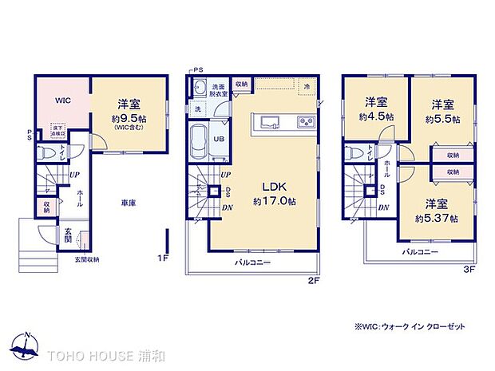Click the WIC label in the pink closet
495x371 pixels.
click(x=63, y=101)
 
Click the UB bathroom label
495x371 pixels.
click(x=218, y=138)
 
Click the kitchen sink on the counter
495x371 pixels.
click(x=267, y=123)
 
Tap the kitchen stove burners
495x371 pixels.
click(x=305, y=123)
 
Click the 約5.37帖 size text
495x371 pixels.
click(x=436, y=217)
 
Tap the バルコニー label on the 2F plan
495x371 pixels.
click(x=252, y=262)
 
